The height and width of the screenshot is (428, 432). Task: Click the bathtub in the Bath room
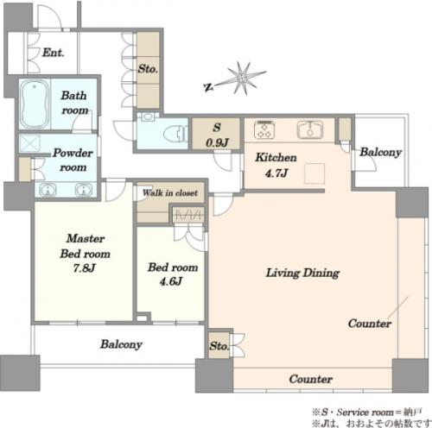point(35,104)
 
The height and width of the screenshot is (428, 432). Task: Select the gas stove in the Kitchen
point(264,129)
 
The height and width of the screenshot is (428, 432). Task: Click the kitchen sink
point(310,129)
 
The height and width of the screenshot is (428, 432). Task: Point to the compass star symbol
point(243,78)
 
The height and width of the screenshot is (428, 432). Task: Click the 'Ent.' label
point(54,53)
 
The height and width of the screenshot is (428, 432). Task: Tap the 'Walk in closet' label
point(170,192)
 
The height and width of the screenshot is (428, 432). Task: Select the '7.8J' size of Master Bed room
point(84,268)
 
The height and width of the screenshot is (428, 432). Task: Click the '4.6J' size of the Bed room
point(171,281)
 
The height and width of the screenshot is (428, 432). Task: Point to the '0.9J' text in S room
point(217,142)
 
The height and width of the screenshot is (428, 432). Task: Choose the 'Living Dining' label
point(302,273)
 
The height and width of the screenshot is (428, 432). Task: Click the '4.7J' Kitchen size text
point(276,173)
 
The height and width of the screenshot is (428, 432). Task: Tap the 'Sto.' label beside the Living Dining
point(219,346)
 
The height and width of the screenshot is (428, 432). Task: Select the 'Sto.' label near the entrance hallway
point(148,69)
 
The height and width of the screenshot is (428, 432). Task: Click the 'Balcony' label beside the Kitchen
point(380,152)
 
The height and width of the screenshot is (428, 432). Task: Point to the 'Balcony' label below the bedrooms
point(121,344)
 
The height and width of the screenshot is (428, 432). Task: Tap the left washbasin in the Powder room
point(48,190)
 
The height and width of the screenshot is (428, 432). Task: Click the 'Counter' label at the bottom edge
point(310,379)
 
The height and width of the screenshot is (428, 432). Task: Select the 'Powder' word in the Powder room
point(73,153)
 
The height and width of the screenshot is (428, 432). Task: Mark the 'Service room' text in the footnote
point(365,412)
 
